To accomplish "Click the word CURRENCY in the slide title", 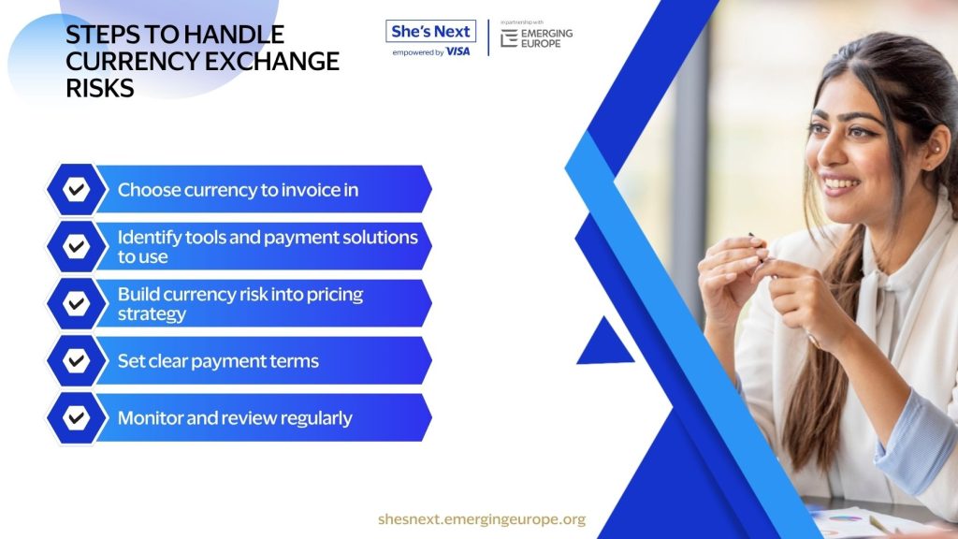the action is pos(131,61).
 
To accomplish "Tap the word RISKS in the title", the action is pos(100,88).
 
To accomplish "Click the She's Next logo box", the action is pos(430,31).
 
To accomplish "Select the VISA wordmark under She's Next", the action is pos(457,52).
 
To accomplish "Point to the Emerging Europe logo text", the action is pos(546,38).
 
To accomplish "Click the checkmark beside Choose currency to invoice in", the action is pos(77,189).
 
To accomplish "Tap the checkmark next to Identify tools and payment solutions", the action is pos(77,246).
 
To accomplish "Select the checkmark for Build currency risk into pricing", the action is pos(77,303).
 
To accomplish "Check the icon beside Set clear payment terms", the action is pos(77,360).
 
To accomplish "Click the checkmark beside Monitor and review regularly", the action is pos(77,417).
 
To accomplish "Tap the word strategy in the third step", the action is pos(152,314).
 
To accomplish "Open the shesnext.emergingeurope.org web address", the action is pos(482,519).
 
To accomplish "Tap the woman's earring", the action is pos(936,148).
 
